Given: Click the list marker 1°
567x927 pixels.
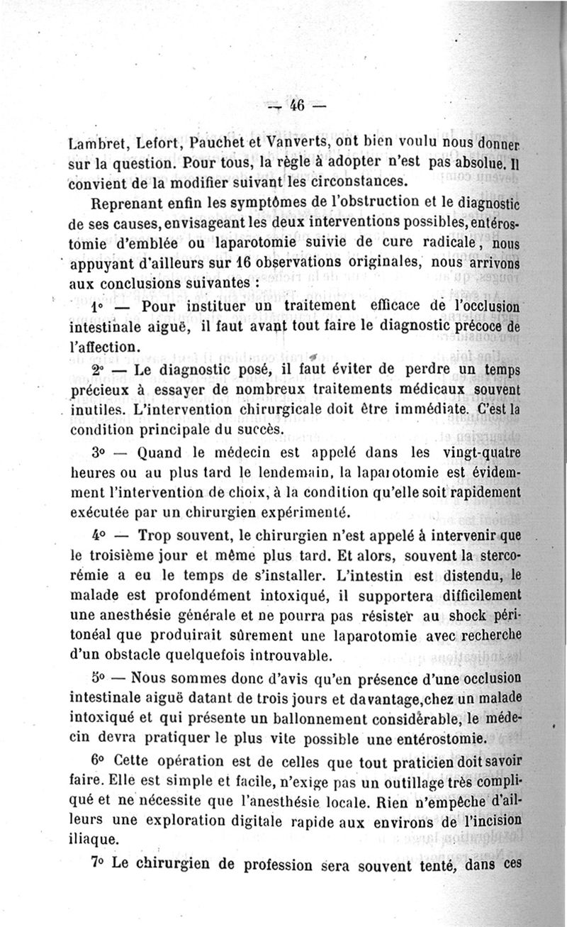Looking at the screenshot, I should point(97,309).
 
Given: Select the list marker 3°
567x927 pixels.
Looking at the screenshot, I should point(99,453).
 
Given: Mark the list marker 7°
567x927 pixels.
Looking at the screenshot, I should point(99,865).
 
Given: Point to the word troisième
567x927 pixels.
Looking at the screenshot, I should point(130,553).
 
